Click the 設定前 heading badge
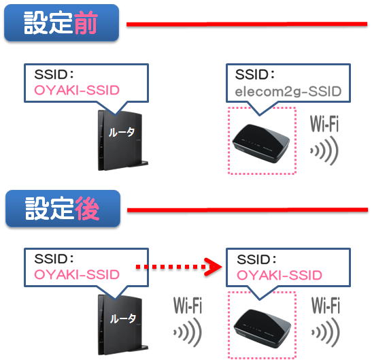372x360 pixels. (61, 22)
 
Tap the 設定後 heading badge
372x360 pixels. (63, 208)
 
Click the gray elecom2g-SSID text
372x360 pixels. (288, 92)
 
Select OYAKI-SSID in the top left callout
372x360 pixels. (77, 91)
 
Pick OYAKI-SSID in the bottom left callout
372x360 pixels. (77, 274)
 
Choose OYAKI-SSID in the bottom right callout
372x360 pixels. (280, 275)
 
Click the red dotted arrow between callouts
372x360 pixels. (178, 267)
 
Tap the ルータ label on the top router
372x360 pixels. (122, 132)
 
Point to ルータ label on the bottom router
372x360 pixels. (122, 318)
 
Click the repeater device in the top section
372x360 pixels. (261, 143)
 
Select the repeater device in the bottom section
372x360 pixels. (262, 329)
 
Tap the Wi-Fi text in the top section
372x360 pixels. (324, 124)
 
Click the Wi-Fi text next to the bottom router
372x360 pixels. (188, 306)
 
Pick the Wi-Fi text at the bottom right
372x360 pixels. (326, 306)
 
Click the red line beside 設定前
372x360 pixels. (247, 24)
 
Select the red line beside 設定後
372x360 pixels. (248, 210)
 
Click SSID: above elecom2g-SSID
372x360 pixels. (255, 74)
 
